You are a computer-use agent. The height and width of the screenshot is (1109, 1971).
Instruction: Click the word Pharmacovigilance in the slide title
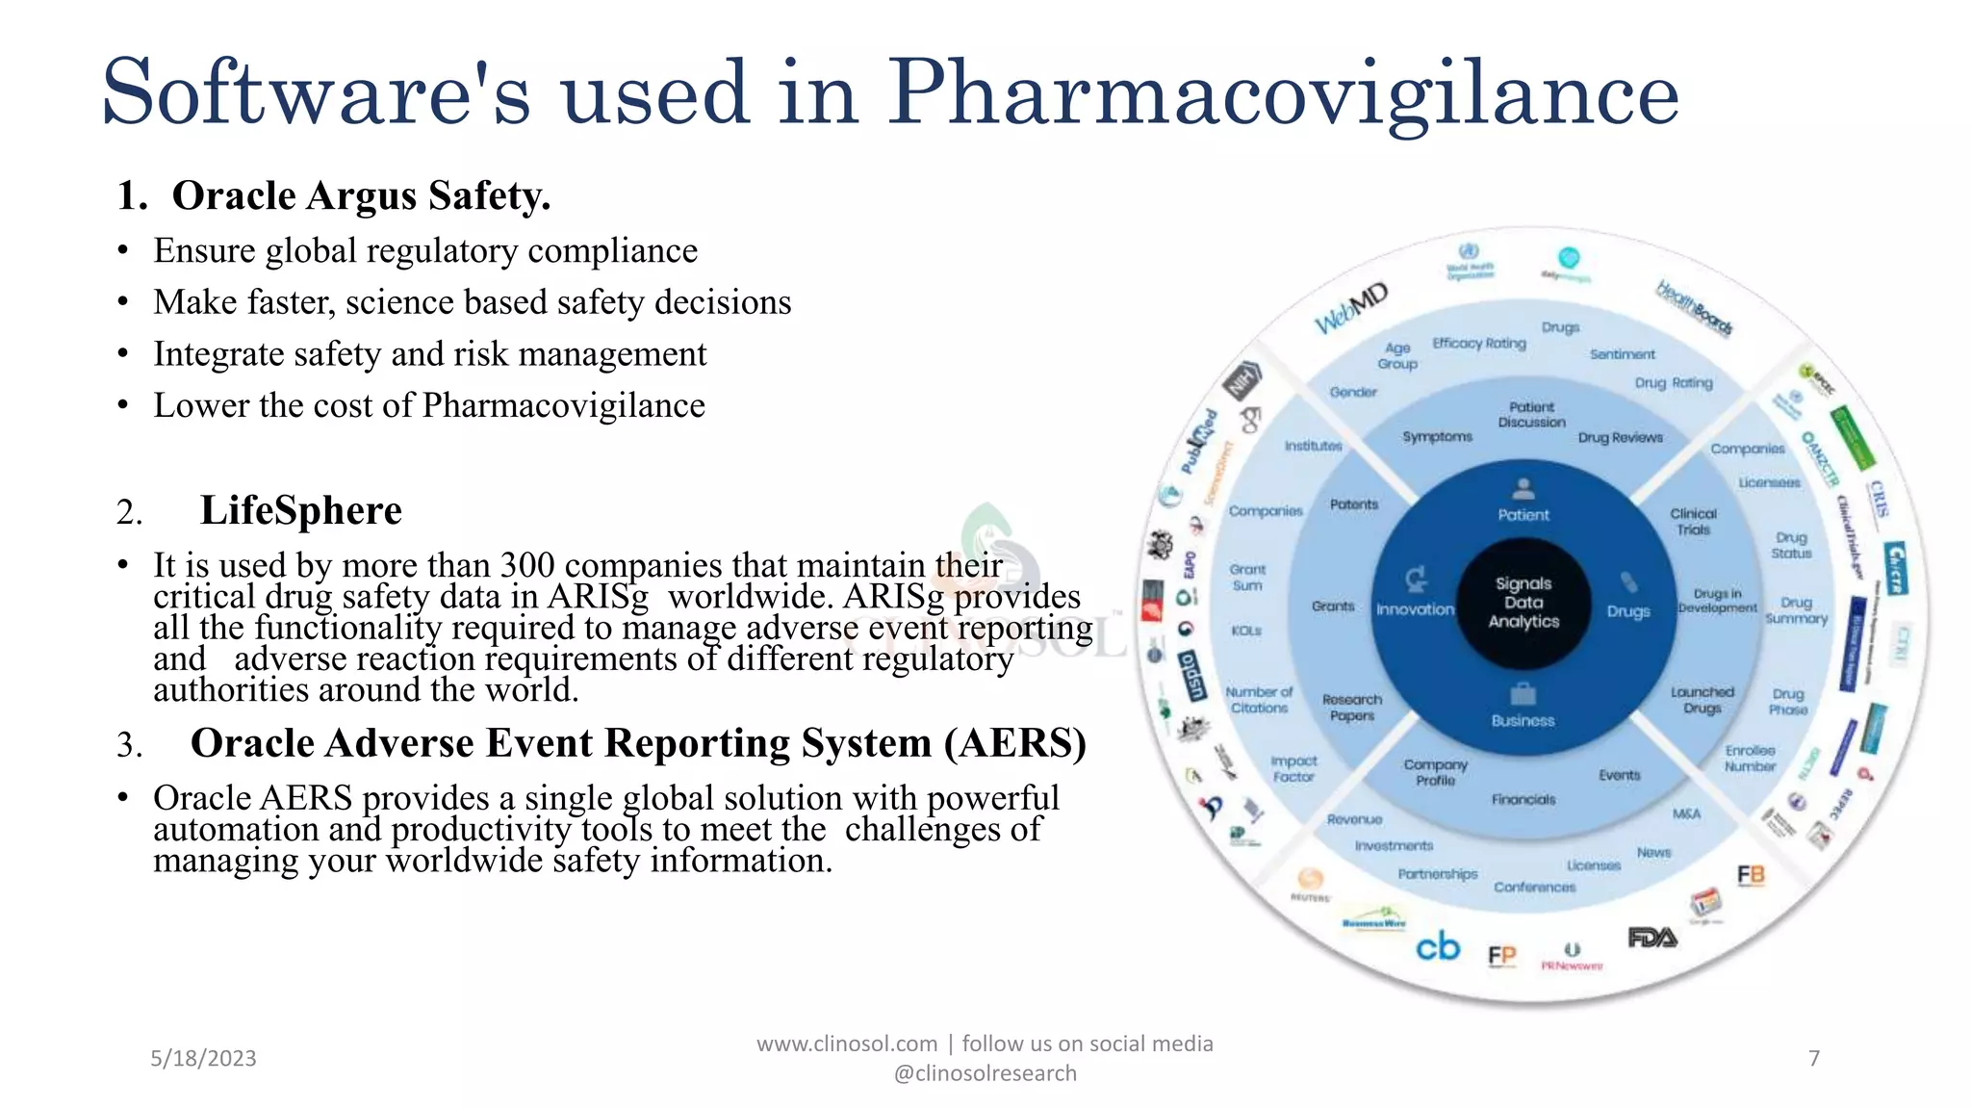click(1282, 94)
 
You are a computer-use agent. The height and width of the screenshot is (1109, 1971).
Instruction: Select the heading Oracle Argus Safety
click(361, 195)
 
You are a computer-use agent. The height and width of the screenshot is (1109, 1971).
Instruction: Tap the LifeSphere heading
click(300, 510)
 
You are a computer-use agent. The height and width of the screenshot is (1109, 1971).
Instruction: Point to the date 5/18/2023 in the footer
click(203, 1058)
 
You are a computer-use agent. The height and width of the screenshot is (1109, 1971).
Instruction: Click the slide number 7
click(1814, 1058)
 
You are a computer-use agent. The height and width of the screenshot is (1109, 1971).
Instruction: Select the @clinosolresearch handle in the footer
click(985, 1072)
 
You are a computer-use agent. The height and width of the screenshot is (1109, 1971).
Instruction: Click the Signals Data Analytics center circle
click(1523, 603)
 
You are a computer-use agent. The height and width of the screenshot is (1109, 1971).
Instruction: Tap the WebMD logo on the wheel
click(1351, 308)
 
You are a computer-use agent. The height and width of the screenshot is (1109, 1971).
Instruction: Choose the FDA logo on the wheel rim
click(1651, 937)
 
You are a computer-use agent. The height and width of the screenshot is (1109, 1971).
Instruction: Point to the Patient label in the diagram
click(1523, 514)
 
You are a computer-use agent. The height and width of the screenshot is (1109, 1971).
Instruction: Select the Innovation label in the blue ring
click(1415, 608)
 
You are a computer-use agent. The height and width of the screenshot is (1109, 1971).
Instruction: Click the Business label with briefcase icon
click(1523, 719)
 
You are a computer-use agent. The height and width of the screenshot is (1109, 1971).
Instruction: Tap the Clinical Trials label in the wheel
click(1693, 521)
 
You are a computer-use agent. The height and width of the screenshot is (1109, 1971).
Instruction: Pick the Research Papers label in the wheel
click(1351, 707)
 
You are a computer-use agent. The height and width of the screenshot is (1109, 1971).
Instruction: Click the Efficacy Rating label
click(1479, 343)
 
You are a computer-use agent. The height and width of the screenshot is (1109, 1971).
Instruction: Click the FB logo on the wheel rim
click(1751, 874)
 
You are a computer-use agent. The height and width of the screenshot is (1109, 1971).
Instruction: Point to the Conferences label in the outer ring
click(1534, 887)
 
